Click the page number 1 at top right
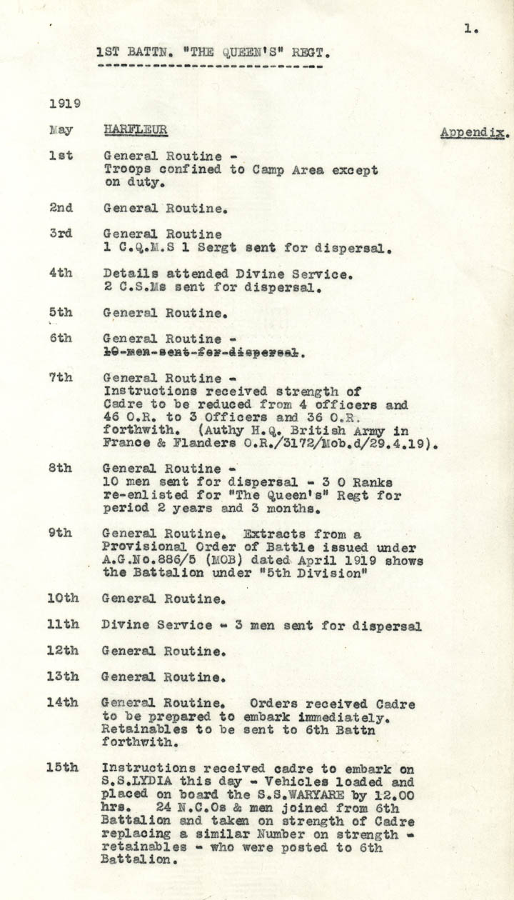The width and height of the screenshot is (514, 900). [470, 29]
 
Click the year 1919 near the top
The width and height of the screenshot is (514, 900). [64, 103]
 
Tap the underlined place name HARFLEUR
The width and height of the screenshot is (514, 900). [136, 129]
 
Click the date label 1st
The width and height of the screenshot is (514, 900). [61, 155]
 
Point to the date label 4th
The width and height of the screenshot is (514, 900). [61, 274]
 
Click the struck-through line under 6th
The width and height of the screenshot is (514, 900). [204, 352]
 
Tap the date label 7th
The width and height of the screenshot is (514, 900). [61, 378]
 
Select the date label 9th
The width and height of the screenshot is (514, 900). [61, 534]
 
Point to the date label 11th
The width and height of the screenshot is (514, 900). [63, 625]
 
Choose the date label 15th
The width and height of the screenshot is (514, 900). [63, 768]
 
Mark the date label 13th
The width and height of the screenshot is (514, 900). [63, 676]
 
